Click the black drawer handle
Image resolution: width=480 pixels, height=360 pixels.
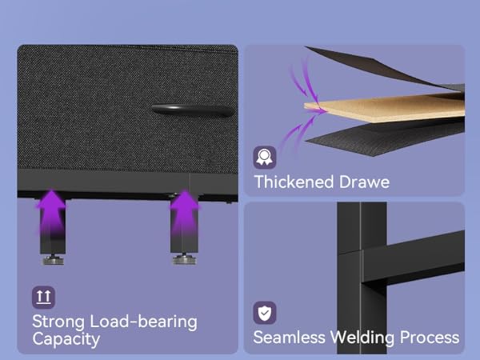(x=193, y=110)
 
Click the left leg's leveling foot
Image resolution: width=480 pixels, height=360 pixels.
(x=53, y=259)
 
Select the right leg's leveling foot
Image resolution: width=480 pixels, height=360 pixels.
(x=184, y=259)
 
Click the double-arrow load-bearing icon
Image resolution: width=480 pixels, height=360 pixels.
(x=43, y=298)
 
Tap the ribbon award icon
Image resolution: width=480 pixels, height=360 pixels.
(x=265, y=158)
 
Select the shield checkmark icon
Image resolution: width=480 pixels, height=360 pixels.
(x=265, y=313)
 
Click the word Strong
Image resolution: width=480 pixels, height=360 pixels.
(x=58, y=322)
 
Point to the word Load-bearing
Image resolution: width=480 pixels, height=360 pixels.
(x=143, y=322)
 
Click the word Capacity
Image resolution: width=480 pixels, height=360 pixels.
(x=66, y=339)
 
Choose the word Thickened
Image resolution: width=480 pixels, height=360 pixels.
(x=294, y=182)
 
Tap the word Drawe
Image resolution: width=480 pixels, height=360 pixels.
(x=364, y=182)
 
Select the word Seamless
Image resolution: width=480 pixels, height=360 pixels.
(x=290, y=338)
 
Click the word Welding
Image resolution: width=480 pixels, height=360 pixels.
(x=362, y=338)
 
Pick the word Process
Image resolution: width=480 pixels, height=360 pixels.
(x=430, y=338)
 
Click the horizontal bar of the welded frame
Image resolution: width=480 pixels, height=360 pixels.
(x=414, y=257)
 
